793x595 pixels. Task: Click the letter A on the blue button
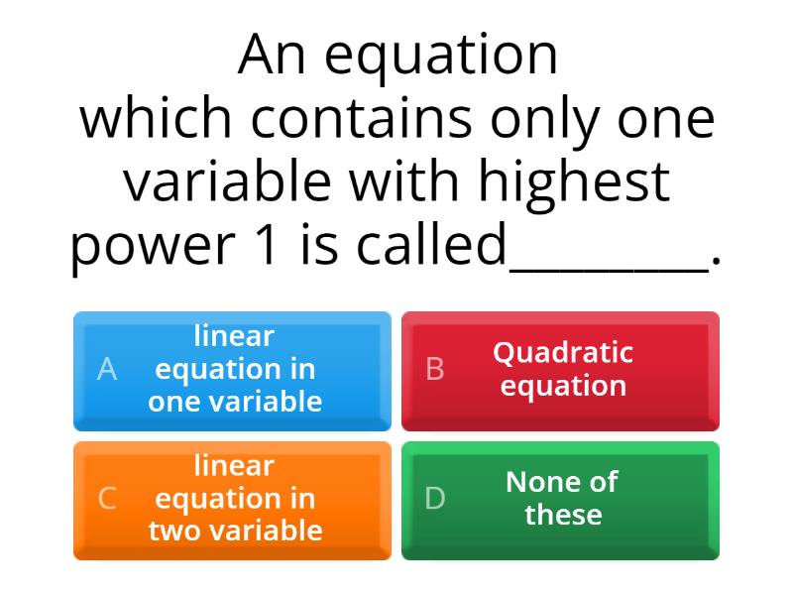pos(107,369)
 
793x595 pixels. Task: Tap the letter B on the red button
pos(434,369)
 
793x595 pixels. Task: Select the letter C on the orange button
pos(107,498)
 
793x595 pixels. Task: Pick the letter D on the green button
pos(434,498)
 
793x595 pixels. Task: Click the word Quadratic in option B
pos(563,352)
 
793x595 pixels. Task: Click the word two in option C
pos(173,531)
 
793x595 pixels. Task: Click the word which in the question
pos(157,118)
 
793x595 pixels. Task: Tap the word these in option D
pos(563,515)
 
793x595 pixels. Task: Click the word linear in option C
pos(234,465)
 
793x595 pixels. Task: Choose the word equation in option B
pos(563,387)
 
